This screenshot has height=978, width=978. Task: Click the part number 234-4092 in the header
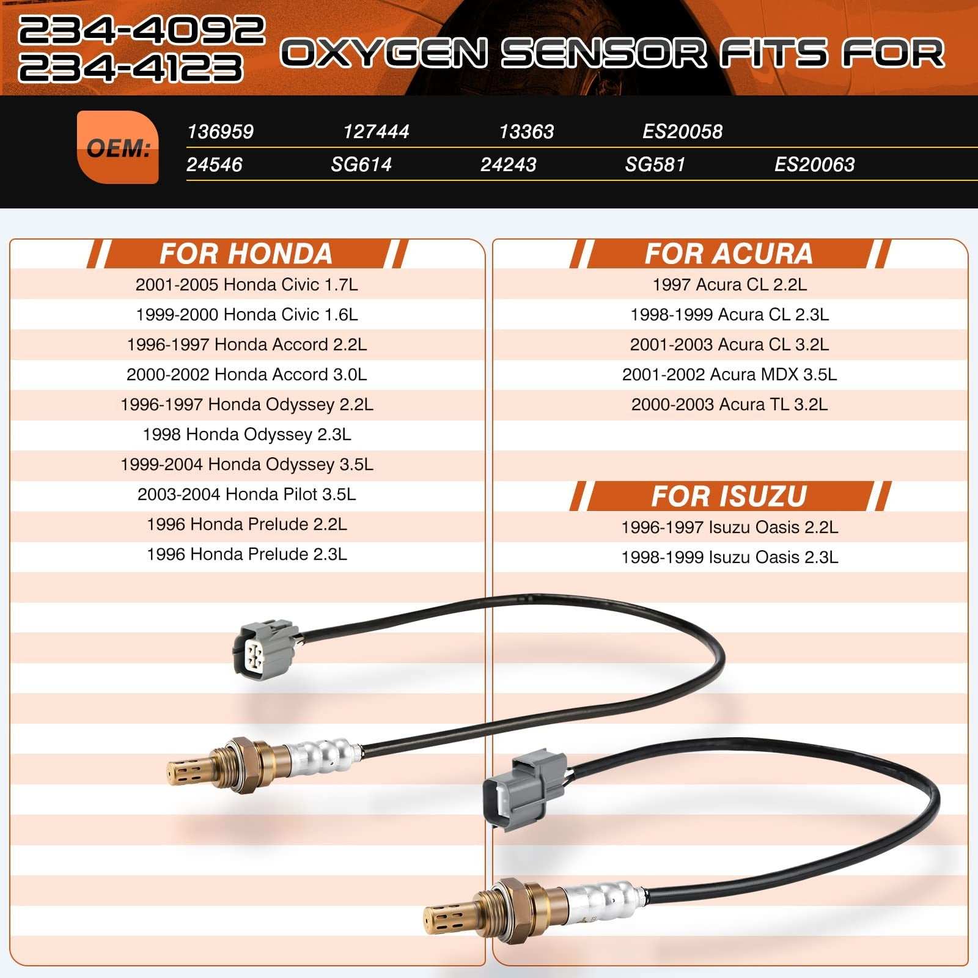(141, 31)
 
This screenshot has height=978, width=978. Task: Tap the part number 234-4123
(131, 67)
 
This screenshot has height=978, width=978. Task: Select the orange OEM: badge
(118, 147)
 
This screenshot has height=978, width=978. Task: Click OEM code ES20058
(682, 131)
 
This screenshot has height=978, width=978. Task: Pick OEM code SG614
(361, 164)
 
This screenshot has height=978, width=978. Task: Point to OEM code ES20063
(814, 164)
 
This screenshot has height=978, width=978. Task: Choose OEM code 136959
(220, 131)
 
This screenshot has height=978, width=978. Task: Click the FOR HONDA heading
(246, 254)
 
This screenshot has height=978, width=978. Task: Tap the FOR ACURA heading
(729, 254)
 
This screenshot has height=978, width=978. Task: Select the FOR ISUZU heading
(729, 496)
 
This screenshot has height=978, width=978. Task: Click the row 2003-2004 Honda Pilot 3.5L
(247, 495)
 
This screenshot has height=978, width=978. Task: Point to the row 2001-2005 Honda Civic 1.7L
(247, 285)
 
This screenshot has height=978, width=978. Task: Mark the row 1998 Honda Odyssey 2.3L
(247, 435)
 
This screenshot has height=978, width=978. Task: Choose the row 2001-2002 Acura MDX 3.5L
(729, 375)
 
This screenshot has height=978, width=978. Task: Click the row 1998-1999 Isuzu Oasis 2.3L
(729, 557)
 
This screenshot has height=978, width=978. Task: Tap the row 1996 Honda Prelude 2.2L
(247, 524)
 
